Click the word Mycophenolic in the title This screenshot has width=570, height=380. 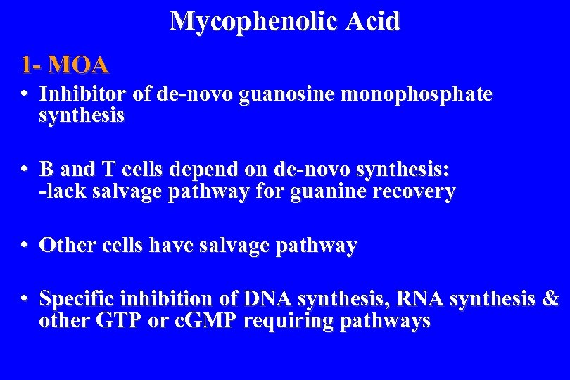click(x=254, y=21)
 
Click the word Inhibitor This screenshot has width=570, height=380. click(x=80, y=94)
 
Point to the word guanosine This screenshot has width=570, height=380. click(x=286, y=94)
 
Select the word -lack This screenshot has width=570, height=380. click(x=64, y=191)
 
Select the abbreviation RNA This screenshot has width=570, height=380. click(x=420, y=299)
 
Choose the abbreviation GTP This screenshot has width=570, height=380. click(x=114, y=321)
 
